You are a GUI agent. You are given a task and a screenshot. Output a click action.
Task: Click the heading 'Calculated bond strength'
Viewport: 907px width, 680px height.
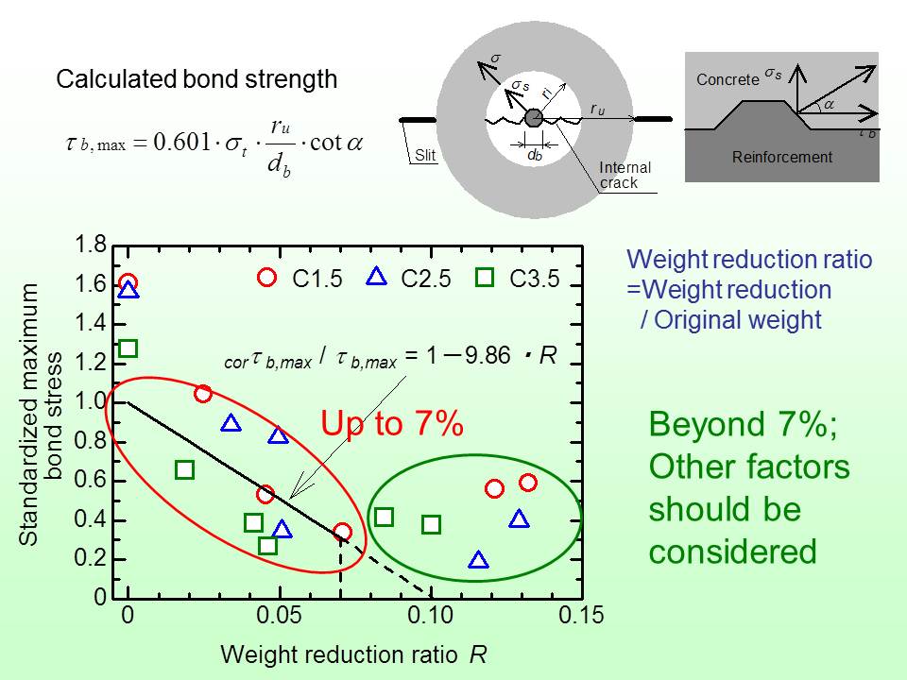197,79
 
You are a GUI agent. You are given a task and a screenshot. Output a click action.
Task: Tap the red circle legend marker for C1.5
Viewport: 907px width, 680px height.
267,277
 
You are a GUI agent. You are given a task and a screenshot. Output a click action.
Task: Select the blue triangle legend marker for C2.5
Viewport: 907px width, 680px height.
376,276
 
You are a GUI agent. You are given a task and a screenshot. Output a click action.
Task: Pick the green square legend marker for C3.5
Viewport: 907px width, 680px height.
485,277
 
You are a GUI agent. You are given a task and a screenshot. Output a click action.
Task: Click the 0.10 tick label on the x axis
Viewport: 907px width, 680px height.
431,617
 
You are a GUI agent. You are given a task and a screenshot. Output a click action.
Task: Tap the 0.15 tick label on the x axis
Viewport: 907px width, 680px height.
582,617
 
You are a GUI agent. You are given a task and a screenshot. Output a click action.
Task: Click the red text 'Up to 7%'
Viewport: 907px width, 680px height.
392,425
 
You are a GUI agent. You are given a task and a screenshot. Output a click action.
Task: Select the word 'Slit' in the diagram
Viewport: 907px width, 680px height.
425,156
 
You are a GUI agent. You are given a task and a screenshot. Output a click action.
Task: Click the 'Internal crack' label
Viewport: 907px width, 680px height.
625,176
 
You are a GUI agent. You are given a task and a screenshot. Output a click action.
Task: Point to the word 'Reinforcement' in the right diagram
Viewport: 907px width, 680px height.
782,157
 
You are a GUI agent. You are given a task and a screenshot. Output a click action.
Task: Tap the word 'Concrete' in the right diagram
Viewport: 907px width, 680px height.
727,80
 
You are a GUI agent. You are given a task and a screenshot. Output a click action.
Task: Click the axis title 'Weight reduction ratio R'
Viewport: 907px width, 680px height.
353,654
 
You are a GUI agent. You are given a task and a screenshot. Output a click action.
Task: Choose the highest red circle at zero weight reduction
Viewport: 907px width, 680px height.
128,283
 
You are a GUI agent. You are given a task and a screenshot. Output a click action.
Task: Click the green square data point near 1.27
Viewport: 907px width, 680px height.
128,348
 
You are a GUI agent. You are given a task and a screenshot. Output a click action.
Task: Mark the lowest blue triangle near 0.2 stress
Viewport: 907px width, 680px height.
479,560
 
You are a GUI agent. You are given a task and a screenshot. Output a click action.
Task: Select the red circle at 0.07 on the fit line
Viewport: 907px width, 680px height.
343,532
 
